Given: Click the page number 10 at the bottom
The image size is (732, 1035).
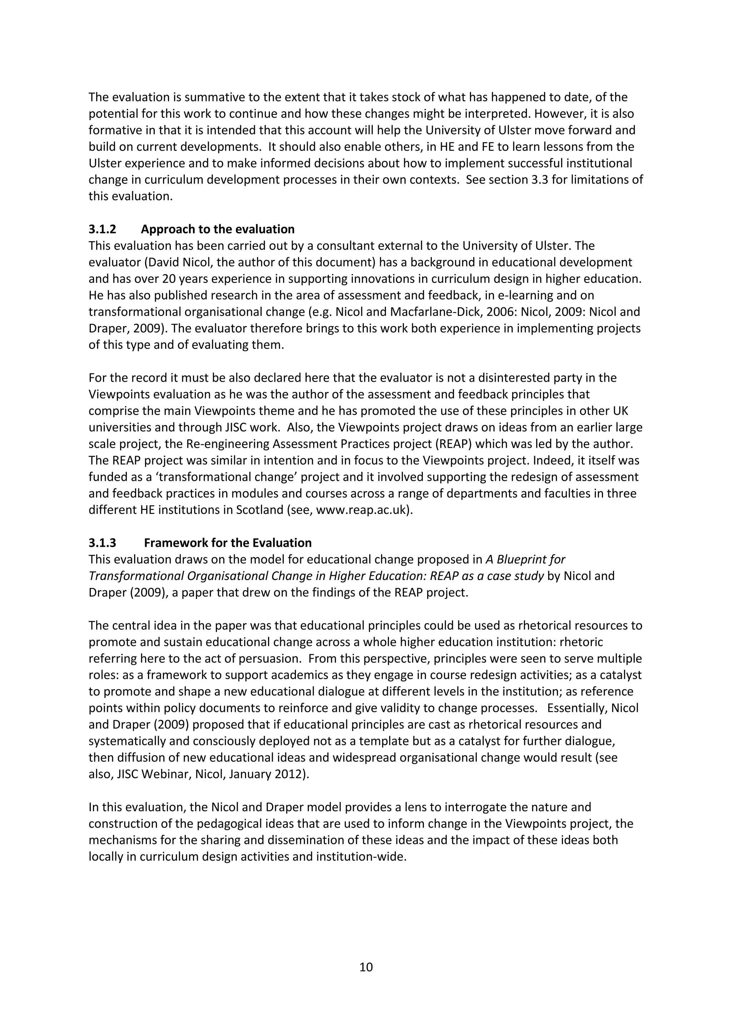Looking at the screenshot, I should coord(366,967).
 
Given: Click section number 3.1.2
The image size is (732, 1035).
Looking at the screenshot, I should coord(102,229).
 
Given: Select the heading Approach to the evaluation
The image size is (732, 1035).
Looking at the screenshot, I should coord(218,229).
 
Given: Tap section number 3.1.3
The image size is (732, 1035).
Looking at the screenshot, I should coord(102,543).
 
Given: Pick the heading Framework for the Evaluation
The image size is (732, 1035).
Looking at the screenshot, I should coord(228,543).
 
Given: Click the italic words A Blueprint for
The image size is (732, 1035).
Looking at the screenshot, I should coord(525,559).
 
